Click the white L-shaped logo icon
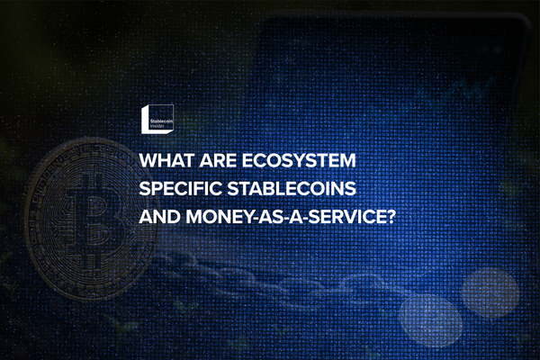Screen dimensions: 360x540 point(149,118)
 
